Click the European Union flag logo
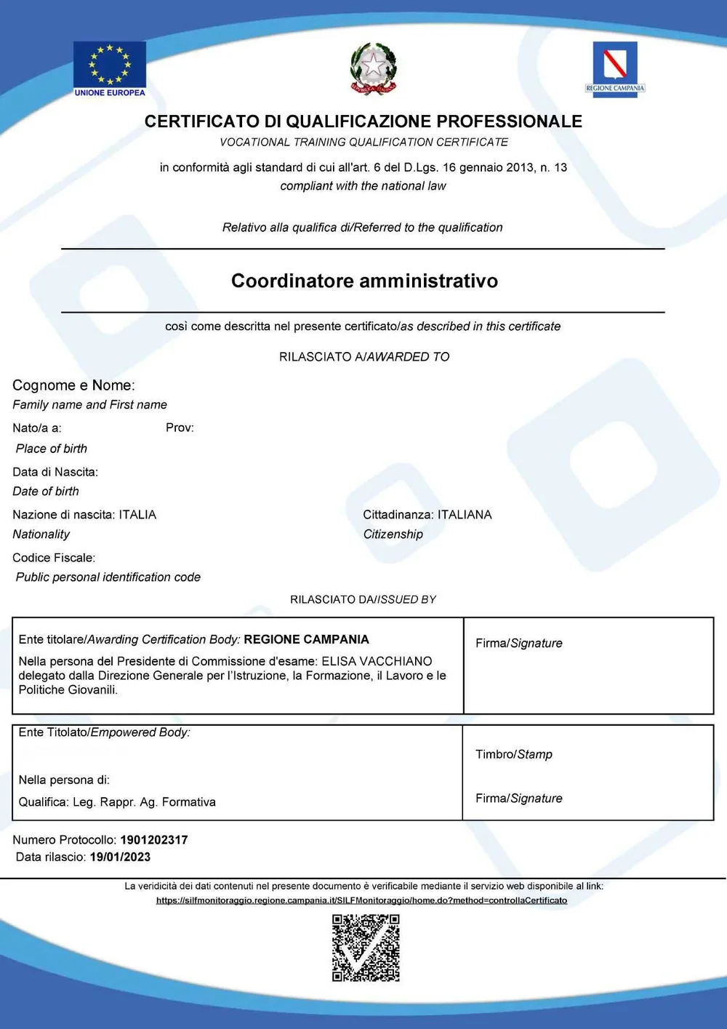click(x=110, y=68)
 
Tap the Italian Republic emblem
click(x=373, y=68)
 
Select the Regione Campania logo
click(x=615, y=68)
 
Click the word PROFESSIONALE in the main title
click(x=510, y=121)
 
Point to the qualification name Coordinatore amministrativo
click(x=364, y=281)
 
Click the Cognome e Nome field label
click(x=73, y=385)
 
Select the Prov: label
click(x=180, y=428)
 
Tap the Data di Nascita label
click(x=55, y=472)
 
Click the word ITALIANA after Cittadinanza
click(x=465, y=515)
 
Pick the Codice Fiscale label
click(x=54, y=558)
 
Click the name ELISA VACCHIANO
click(x=377, y=661)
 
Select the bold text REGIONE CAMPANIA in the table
click(x=306, y=639)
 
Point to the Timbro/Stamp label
click(x=514, y=754)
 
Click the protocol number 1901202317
click(x=154, y=840)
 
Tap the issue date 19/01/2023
click(x=120, y=857)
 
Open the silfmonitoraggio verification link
click(x=361, y=900)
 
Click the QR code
click(x=366, y=948)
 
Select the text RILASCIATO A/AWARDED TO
click(x=364, y=357)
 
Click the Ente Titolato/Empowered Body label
click(x=104, y=732)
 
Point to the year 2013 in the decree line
click(x=520, y=167)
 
